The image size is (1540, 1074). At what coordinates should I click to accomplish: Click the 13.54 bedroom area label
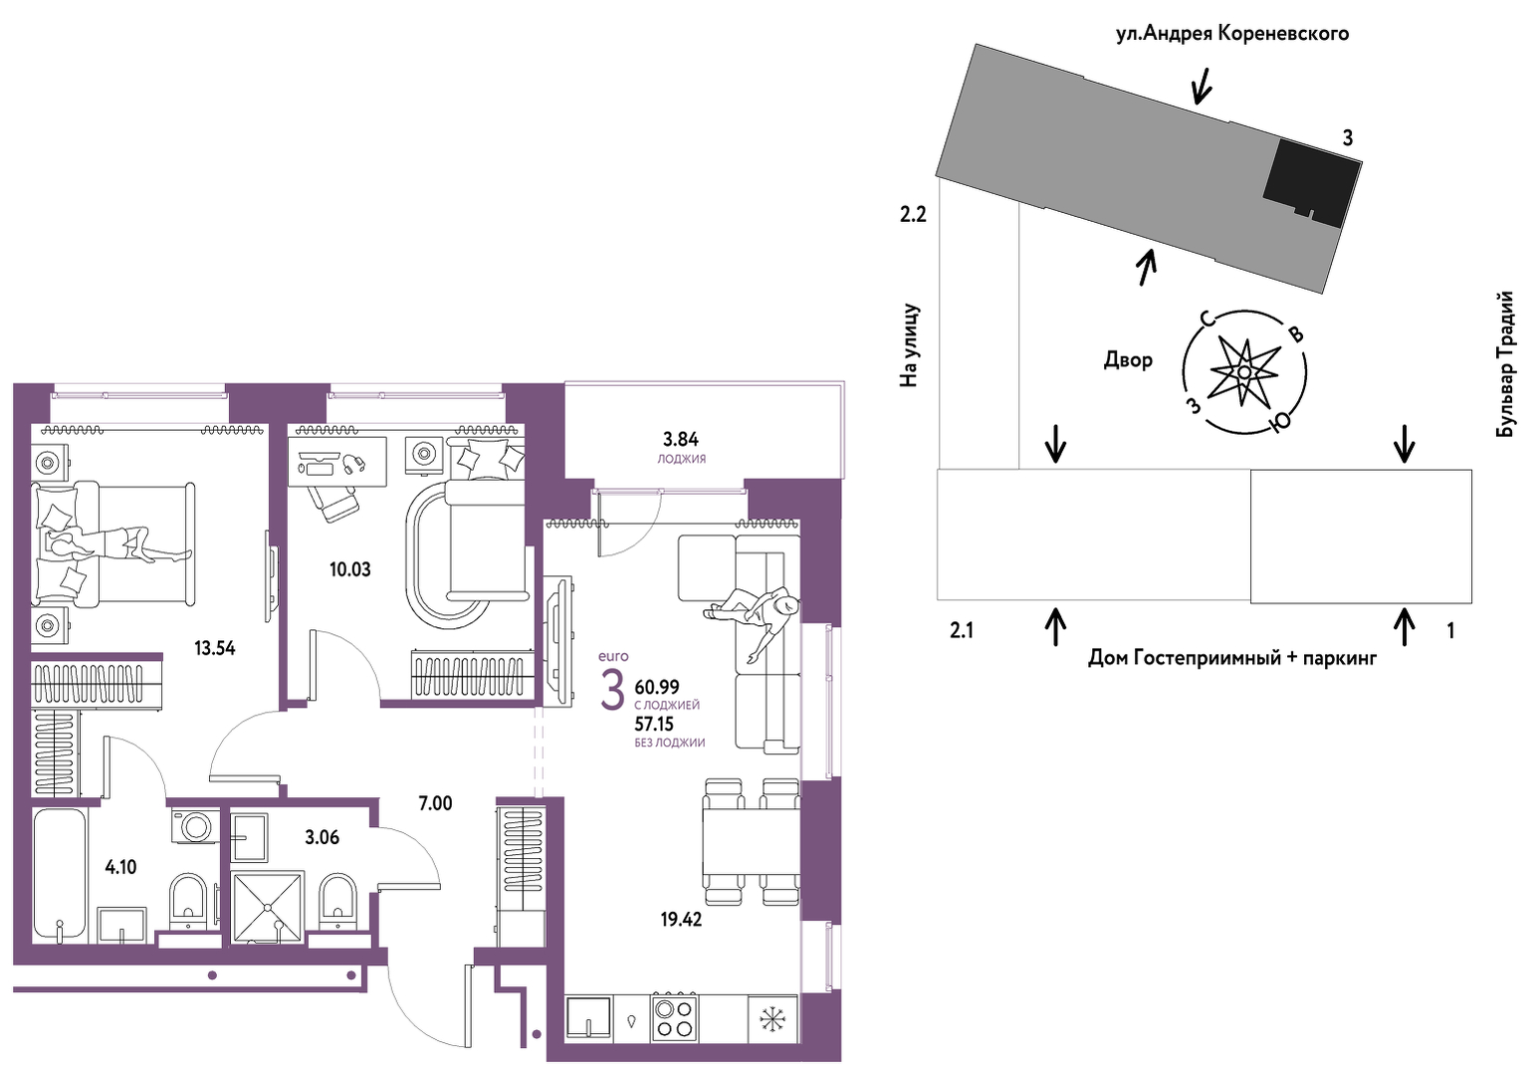[x=214, y=648]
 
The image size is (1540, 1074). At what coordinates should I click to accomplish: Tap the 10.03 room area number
[x=350, y=569]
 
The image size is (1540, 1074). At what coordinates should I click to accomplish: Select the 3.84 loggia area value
[x=681, y=439]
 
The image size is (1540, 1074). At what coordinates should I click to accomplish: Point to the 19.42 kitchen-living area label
[x=681, y=920]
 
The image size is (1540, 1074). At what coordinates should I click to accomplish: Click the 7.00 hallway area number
[x=436, y=803]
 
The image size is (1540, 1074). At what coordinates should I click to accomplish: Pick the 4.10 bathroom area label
[x=121, y=867]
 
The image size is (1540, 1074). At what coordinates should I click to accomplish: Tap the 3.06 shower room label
[x=322, y=837]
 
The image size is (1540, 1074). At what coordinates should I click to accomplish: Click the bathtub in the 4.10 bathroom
[x=60, y=875]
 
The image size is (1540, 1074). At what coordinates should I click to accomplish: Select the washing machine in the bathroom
[x=196, y=824]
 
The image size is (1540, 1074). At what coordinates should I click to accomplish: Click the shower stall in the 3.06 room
[x=267, y=907]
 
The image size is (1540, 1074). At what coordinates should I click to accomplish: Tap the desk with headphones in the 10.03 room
[x=337, y=464]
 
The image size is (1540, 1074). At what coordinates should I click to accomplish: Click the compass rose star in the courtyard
[x=1244, y=372]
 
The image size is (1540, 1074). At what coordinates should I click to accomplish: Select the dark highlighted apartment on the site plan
[x=1312, y=183]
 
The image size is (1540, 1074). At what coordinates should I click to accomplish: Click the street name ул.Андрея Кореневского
[x=1232, y=33]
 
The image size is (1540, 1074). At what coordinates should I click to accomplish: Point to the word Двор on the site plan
[x=1128, y=359]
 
